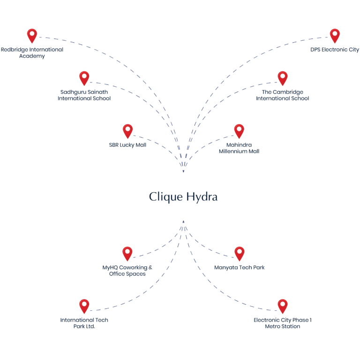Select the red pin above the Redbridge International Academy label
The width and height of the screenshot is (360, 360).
[x=32, y=36]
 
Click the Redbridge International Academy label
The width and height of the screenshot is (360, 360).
[x=32, y=52]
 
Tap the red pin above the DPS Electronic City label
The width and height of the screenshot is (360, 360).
[x=334, y=36]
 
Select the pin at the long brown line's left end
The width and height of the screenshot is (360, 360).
[x=84, y=306]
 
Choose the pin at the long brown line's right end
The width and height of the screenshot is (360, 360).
[x=282, y=306]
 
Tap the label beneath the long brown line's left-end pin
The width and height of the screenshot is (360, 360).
[x=84, y=322]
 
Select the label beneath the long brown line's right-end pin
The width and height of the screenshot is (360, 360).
[x=283, y=322]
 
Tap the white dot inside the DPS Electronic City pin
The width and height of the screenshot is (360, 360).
[x=334, y=33]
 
